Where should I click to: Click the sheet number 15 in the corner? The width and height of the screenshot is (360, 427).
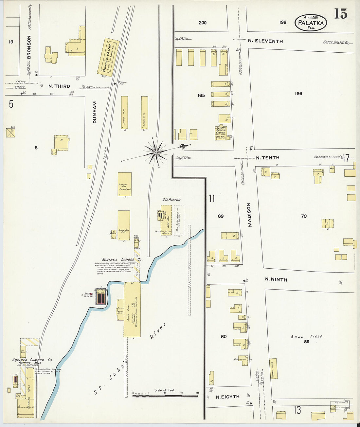tap(340, 14)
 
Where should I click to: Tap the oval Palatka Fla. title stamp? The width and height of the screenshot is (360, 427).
tap(311, 23)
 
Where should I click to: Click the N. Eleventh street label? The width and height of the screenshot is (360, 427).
tap(265, 41)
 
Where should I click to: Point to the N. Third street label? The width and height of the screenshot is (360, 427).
tap(59, 86)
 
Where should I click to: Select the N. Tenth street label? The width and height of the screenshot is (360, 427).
tap(267, 158)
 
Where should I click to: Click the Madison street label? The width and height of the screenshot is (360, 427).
tap(249, 215)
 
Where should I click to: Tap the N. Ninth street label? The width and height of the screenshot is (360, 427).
tap(276, 279)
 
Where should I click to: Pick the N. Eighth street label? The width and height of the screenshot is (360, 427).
tap(227, 397)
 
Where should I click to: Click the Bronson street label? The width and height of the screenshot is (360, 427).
tap(29, 47)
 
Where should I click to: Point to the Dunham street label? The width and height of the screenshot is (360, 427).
tap(95, 112)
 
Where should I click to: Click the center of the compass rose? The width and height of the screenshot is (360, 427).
tap(156, 152)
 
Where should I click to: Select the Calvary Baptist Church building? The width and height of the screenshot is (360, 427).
tap(221, 133)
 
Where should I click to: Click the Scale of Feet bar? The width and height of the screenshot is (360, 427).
tap(165, 396)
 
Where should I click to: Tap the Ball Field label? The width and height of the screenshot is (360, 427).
tap(306, 337)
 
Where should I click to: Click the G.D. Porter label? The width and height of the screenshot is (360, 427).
tap(171, 200)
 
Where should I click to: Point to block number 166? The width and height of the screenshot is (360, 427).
tap(298, 94)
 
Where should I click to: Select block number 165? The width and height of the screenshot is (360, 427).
tap(201, 95)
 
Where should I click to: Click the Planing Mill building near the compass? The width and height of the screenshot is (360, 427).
tap(124, 185)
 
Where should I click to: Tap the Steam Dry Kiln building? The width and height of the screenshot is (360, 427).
tap(124, 225)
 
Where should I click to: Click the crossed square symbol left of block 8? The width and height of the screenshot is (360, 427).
tap(11, 133)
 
